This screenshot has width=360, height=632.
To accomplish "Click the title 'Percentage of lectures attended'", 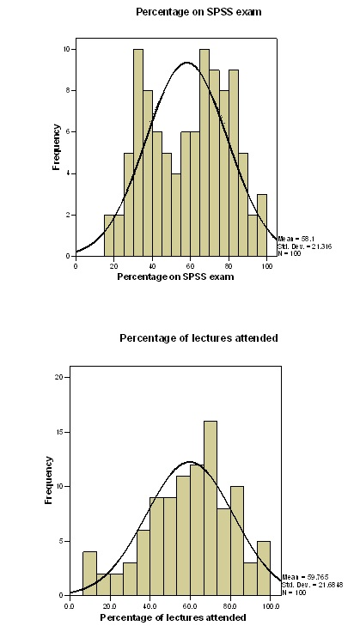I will click(x=198, y=338).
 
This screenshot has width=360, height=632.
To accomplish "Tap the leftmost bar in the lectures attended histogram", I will click(x=89, y=572).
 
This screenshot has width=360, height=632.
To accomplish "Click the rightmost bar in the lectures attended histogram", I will click(x=264, y=568).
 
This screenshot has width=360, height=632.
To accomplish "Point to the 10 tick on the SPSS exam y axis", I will click(x=69, y=49).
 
